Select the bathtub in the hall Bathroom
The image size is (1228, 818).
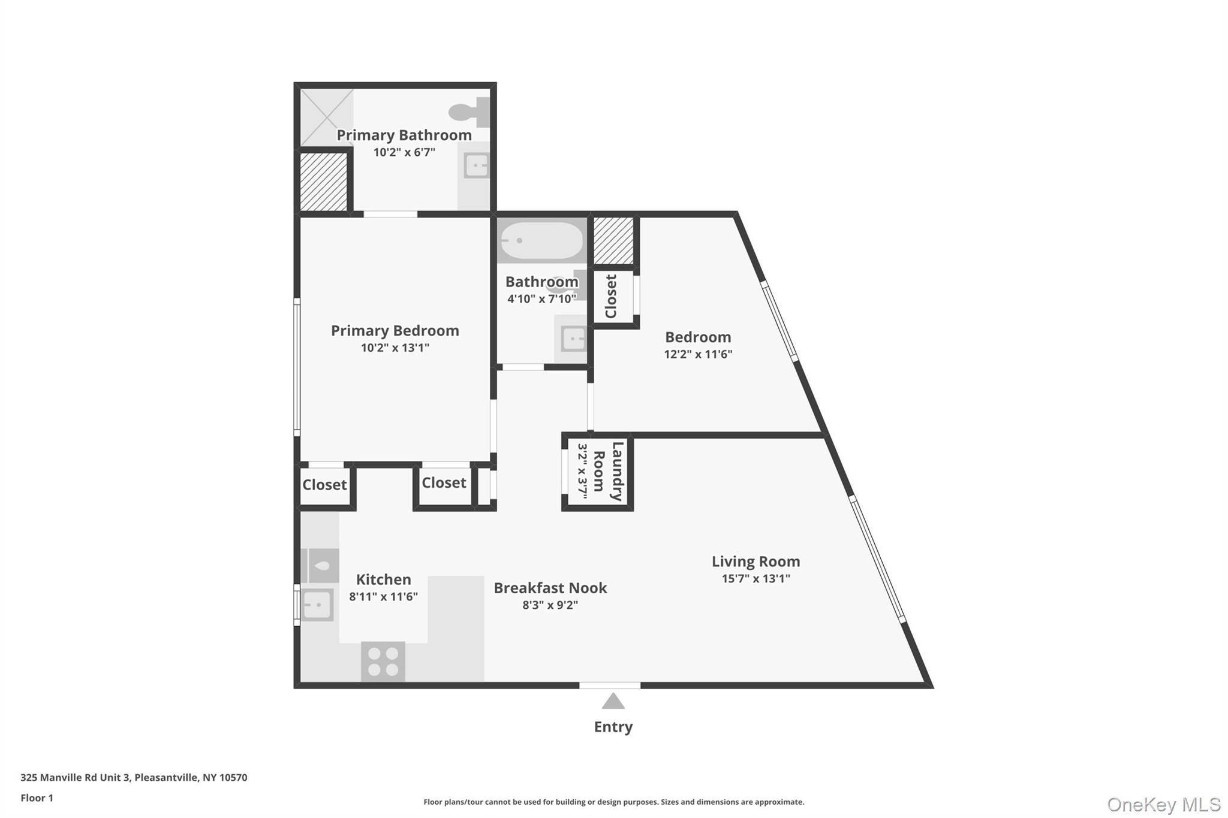click(x=541, y=241)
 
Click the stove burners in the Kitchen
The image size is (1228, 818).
click(x=383, y=661)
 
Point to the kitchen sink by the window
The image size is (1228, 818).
click(x=317, y=605)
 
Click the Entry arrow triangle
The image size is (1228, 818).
click(x=613, y=701)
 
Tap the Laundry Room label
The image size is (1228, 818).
click(x=616, y=471)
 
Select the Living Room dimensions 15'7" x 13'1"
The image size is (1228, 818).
click(x=756, y=578)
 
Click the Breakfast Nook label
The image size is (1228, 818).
click(x=550, y=588)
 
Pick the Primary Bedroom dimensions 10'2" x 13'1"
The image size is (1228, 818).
click(x=395, y=348)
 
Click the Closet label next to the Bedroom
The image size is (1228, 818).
click(x=611, y=296)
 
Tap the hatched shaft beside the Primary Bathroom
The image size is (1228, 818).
click(x=324, y=182)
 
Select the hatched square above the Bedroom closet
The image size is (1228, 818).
click(x=613, y=241)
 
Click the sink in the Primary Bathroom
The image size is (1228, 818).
click(x=477, y=165)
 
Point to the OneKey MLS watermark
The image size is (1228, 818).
click(x=1163, y=804)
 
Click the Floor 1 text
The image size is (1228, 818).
click(x=37, y=798)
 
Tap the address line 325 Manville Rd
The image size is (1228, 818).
click(x=134, y=777)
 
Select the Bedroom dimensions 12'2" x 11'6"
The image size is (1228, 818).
click(x=698, y=354)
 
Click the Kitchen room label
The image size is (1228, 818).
click(x=383, y=579)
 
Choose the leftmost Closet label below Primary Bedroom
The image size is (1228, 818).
click(x=324, y=485)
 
